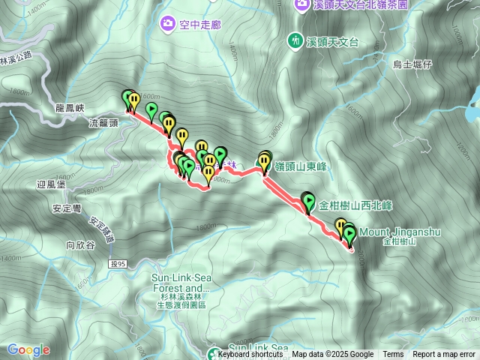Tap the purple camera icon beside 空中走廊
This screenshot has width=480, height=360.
(x=166, y=24)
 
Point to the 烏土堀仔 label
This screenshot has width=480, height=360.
(x=413, y=64)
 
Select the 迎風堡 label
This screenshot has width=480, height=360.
(x=51, y=184)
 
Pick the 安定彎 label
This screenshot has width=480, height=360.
(x=68, y=209)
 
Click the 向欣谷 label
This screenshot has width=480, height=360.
(x=80, y=244)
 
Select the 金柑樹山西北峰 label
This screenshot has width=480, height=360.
(x=356, y=204)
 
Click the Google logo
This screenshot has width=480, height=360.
(x=28, y=349)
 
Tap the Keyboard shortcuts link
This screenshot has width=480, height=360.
(x=250, y=355)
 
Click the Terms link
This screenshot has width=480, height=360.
(x=393, y=355)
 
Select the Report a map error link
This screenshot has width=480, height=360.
(x=444, y=355)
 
